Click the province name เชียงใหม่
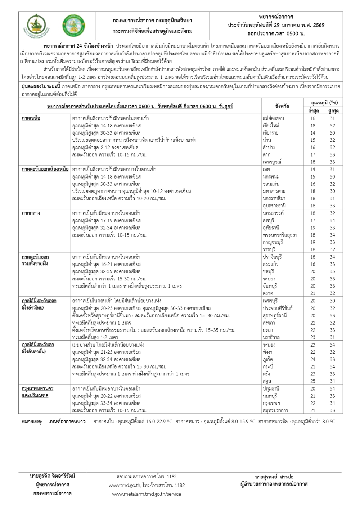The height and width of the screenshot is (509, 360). pyautogui.click(x=271, y=126)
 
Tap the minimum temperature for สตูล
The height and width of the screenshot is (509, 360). pyautogui.click(x=313, y=381)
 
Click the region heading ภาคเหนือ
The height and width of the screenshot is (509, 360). pyautogui.click(x=31, y=118)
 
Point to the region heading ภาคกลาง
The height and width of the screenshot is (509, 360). pyautogui.click(x=31, y=213)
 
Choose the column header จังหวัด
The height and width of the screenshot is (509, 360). pyautogui.click(x=282, y=107)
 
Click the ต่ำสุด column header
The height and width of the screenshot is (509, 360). pyautogui.click(x=313, y=111)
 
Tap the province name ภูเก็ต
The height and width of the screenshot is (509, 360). pyautogui.click(x=269, y=359)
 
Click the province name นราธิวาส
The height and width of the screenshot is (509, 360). pyautogui.click(x=271, y=337)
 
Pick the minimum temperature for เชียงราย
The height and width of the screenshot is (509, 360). pyautogui.click(x=313, y=133)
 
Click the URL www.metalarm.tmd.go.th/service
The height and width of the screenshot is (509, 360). pyautogui.click(x=147, y=494)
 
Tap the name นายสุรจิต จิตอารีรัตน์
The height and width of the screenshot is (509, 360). pyautogui.click(x=53, y=476)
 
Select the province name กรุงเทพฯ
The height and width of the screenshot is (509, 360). pyautogui.click(x=271, y=403)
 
